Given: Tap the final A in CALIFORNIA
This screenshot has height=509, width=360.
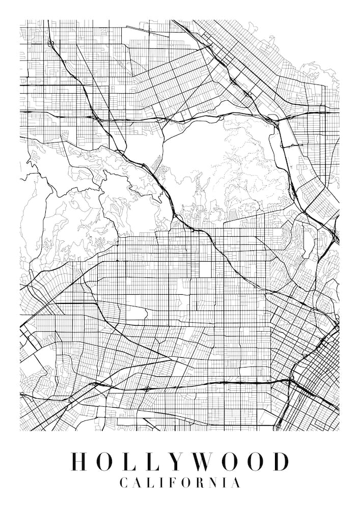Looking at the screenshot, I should (x=235, y=483).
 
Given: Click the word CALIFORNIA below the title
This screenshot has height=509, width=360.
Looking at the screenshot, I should (x=180, y=483).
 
